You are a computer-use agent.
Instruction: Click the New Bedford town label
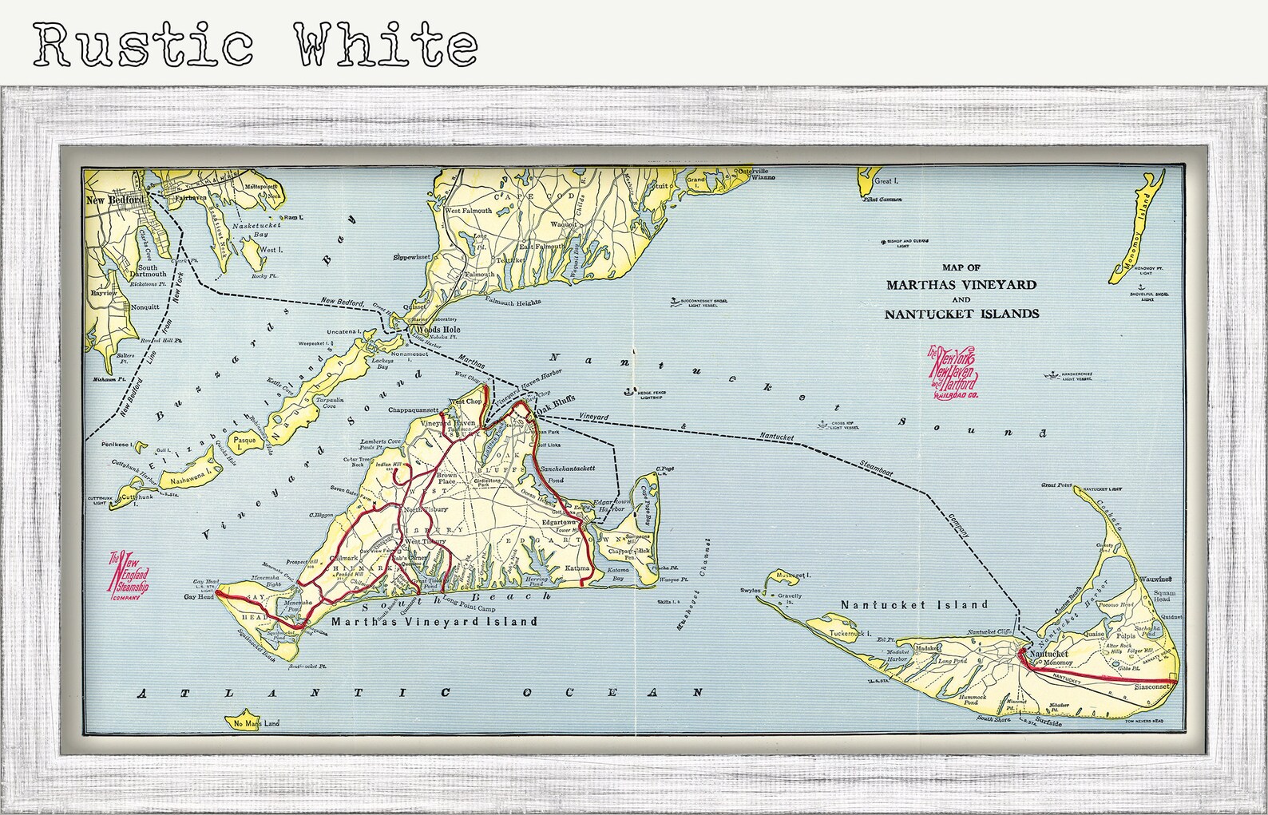[x=115, y=200]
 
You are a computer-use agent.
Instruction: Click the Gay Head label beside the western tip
[x=200, y=597]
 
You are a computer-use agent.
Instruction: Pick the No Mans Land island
[x=256, y=723]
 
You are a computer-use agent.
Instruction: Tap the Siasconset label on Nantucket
[x=1151, y=686]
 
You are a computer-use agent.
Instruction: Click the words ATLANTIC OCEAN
[x=420, y=693]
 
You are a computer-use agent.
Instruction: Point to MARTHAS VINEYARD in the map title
[x=961, y=285]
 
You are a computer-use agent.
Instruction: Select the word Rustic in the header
[x=144, y=44]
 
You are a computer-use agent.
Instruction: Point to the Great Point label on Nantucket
[x=1056, y=485]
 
